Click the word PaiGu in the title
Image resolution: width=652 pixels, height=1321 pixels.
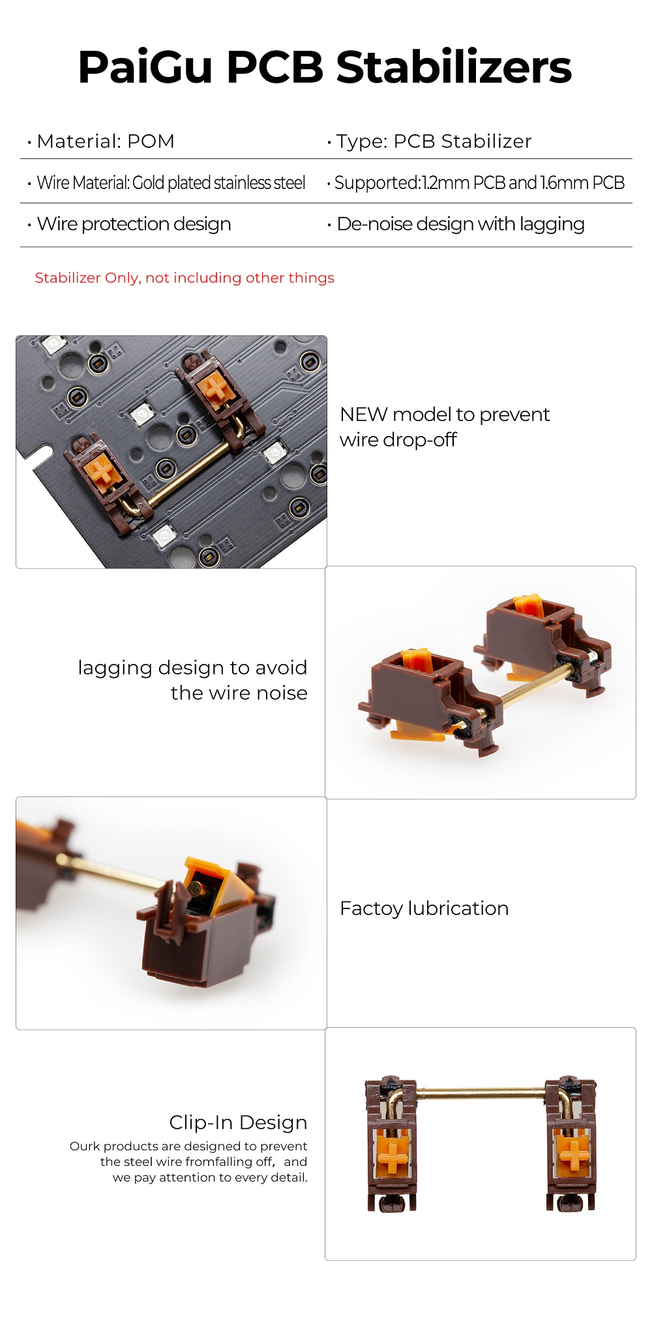click(x=145, y=67)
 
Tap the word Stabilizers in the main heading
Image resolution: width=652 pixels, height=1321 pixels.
click(x=454, y=67)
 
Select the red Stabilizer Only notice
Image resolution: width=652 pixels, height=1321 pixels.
click(x=185, y=278)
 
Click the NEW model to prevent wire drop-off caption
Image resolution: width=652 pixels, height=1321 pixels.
click(x=445, y=427)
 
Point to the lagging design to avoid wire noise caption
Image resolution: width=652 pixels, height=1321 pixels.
click(x=192, y=680)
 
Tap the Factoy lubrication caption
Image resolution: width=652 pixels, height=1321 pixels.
click(x=424, y=908)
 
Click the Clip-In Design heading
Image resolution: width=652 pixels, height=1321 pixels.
click(x=238, y=1122)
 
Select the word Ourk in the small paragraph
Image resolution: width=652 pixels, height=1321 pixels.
click(x=85, y=1146)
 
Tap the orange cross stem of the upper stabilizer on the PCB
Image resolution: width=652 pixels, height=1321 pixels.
click(x=215, y=387)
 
